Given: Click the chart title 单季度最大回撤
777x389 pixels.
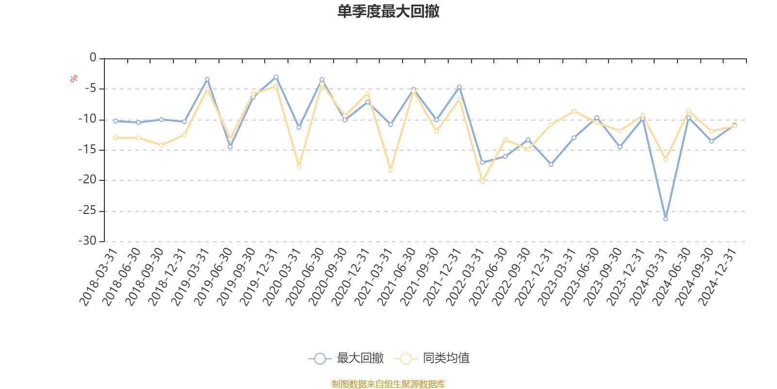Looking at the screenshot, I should (388, 12).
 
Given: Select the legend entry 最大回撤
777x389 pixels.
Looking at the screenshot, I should (346, 359).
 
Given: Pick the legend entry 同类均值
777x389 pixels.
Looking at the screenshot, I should (432, 359).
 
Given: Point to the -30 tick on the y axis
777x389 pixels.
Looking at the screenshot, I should (87, 241).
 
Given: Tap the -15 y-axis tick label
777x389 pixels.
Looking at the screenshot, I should (87, 150).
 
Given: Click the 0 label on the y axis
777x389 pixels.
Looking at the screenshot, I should (93, 58).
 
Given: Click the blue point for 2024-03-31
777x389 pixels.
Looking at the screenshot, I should (665, 219).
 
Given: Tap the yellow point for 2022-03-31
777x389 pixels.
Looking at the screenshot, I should (482, 181).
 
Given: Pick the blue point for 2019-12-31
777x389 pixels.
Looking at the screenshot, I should (276, 77).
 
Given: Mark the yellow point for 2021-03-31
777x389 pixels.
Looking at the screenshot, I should (390, 170).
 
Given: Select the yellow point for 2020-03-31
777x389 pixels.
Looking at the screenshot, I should (299, 166).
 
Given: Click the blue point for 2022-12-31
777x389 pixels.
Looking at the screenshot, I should (551, 164).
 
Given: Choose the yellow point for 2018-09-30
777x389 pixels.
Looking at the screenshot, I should (161, 145).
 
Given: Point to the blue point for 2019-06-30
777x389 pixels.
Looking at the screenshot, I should (230, 146).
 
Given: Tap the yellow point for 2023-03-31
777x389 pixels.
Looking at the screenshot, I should (574, 111).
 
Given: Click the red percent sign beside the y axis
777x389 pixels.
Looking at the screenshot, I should (74, 79).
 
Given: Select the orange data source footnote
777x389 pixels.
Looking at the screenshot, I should (388, 384).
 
